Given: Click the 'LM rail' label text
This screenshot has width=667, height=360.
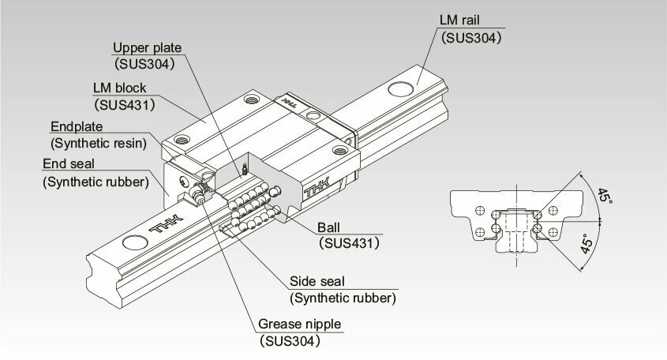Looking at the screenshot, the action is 459,20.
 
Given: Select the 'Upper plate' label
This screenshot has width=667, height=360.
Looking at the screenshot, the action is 147,47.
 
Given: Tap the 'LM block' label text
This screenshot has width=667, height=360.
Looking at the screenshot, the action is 119,88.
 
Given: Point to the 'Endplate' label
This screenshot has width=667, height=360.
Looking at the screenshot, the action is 77,126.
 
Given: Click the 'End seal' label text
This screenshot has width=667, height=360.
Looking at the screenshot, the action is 69,163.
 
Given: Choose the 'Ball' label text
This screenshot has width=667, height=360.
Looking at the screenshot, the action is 328,227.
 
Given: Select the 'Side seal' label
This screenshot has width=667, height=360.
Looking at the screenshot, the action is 317,281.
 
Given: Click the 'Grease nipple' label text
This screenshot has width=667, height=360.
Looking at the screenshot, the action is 299,324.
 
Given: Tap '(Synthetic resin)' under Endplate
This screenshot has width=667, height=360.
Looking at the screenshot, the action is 99,143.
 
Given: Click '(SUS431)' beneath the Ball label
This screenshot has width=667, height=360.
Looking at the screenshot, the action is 349,243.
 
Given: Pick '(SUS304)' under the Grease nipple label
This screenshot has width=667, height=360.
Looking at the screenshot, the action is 290,340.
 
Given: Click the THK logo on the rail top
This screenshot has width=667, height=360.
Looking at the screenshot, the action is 167,223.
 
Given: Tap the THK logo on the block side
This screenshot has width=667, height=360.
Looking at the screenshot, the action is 317,188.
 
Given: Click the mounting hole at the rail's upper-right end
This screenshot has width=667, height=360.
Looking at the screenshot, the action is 400,89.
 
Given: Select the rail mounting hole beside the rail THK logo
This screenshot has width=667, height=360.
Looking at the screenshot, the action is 135,242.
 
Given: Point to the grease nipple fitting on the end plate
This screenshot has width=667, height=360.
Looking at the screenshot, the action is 197,193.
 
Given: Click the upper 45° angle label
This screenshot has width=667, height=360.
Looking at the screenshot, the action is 605,195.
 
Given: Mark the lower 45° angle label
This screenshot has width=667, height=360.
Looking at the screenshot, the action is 587,244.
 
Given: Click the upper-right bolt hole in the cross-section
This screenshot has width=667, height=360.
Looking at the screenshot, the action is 553,210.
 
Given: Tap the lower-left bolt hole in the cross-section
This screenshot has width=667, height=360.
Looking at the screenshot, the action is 480,232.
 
